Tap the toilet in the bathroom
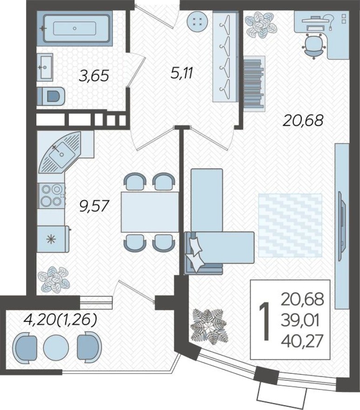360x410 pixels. (x=51, y=96)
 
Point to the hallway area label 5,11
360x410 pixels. (x=182, y=73)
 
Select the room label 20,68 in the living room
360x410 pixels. (x=303, y=121)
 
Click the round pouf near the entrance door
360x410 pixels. (x=196, y=21)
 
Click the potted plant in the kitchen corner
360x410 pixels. (x=54, y=278)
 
